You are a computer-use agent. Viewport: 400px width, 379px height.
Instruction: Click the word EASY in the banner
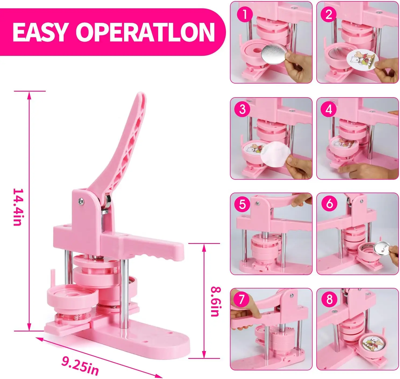(x=40, y=32)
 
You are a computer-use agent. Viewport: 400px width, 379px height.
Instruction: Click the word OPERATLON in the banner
(x=145, y=32)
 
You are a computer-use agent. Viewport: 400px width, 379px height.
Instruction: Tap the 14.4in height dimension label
(x=17, y=207)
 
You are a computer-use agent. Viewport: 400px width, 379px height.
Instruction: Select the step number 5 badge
(x=242, y=204)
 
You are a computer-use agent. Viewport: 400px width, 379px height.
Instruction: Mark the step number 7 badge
(x=241, y=299)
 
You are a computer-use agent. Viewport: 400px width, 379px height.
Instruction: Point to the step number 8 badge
(x=329, y=299)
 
